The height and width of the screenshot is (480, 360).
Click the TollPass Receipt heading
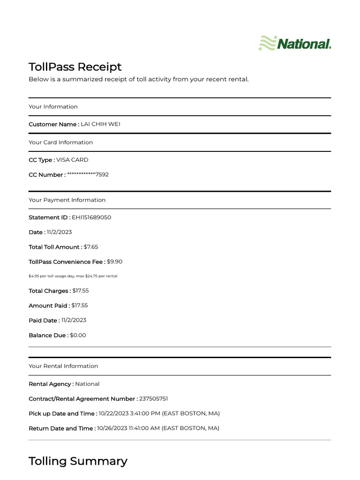[x=75, y=67]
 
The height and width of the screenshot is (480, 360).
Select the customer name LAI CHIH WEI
[x=104, y=124]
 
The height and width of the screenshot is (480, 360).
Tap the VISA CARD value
[x=72, y=160]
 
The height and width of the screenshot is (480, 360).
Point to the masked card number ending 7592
[x=88, y=175]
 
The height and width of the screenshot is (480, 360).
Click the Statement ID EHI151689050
[x=91, y=217]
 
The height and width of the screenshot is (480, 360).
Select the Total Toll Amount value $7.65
[x=91, y=247]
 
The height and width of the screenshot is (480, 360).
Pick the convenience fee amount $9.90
[x=115, y=262]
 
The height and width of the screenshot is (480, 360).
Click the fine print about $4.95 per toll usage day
[x=73, y=276]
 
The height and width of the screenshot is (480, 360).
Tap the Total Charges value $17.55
[x=81, y=291]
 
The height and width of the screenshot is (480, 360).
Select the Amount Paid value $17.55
[x=80, y=306]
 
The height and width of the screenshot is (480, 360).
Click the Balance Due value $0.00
[x=78, y=336]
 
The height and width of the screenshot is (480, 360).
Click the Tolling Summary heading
[x=78, y=461]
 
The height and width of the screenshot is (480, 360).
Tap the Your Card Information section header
[x=60, y=142]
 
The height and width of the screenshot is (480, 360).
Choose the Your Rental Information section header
[x=63, y=366]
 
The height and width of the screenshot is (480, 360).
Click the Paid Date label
[x=44, y=321]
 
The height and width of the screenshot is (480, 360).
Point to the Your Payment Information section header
[x=67, y=200]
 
